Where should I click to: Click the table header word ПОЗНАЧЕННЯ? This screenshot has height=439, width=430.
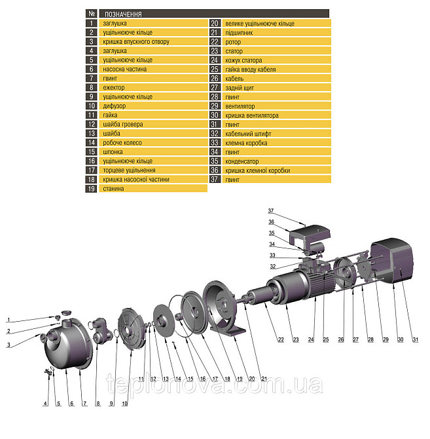(x=123, y=14)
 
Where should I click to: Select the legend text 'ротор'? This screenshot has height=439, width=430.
(x=233, y=42)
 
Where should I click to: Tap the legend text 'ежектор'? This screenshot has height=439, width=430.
(x=113, y=88)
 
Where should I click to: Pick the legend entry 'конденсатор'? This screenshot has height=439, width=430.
(x=242, y=161)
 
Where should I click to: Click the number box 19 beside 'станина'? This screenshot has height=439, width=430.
(x=91, y=189)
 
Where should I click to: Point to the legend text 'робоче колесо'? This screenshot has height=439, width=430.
(x=122, y=143)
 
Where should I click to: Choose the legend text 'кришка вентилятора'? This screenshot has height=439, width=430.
(x=251, y=115)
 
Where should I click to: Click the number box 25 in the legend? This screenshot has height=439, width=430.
(x=215, y=69)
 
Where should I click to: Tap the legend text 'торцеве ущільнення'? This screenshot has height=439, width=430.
(x=129, y=170)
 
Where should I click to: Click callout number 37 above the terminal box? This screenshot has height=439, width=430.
(x=271, y=210)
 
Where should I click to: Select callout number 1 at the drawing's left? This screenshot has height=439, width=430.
(x=9, y=320)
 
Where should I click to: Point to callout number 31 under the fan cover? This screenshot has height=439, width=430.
(x=416, y=339)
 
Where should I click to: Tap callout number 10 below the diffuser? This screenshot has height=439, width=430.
(x=124, y=404)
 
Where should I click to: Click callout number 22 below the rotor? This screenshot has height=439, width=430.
(x=281, y=339)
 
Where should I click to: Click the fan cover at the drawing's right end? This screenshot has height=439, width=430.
(x=392, y=260)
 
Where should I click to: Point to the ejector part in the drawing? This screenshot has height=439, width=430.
(x=100, y=330)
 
